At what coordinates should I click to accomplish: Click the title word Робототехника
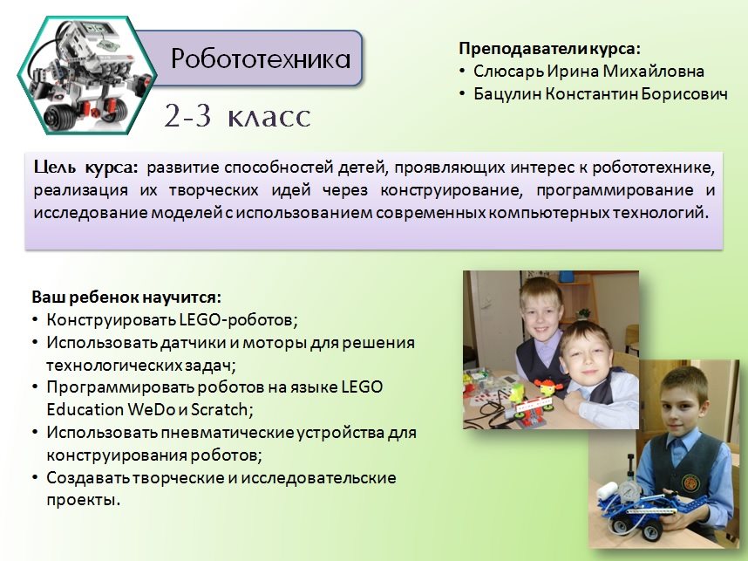click(261, 59)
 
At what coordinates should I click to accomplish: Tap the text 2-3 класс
click(237, 116)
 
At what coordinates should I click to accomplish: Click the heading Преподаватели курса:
click(549, 49)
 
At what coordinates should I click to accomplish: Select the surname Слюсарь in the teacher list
click(508, 72)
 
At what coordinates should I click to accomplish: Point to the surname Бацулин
click(507, 94)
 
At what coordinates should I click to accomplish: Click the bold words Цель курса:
click(85, 168)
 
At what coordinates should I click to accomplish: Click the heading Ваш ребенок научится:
click(126, 298)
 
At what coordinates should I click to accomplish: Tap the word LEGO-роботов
click(239, 320)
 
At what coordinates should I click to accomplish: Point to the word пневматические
click(228, 433)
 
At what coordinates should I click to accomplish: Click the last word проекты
click(83, 501)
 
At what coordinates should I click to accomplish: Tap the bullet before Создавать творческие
click(35, 478)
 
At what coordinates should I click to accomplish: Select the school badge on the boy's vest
click(690, 483)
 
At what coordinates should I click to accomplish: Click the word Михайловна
click(654, 72)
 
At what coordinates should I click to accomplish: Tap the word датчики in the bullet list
click(187, 343)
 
